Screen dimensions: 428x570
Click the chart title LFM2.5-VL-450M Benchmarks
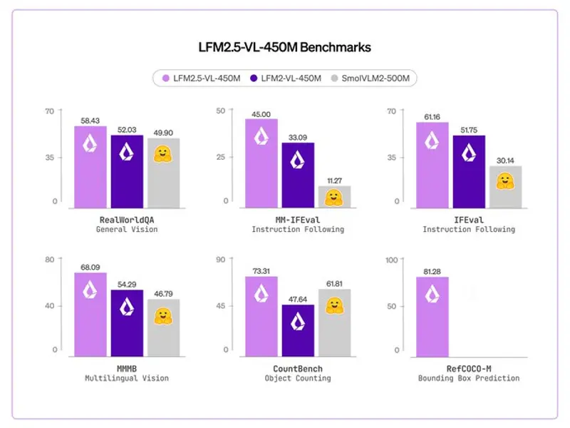(x=284, y=47)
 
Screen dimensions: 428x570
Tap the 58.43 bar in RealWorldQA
(x=90, y=168)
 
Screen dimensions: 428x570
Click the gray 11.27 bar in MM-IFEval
(x=333, y=196)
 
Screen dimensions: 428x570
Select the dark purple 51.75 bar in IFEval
(x=468, y=171)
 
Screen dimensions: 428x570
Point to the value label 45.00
(x=261, y=113)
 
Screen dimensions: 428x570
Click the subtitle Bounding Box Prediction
(x=469, y=378)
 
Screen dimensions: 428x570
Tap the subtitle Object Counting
(x=298, y=378)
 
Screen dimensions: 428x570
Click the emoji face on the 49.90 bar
(x=163, y=155)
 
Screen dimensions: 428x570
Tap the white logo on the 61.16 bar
(x=432, y=141)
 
